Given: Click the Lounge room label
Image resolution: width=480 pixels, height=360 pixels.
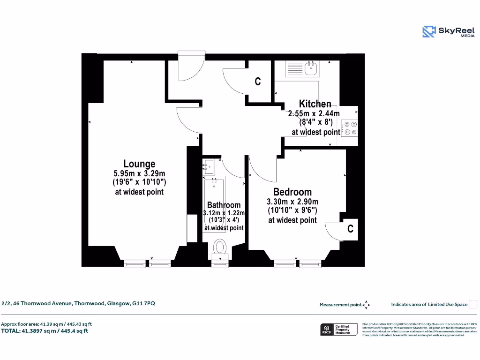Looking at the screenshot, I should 139,164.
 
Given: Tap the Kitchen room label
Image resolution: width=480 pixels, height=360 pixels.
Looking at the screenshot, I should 315,104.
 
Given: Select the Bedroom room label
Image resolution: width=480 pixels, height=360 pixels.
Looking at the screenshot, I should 292,192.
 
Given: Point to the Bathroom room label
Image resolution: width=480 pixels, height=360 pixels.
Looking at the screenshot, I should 224,205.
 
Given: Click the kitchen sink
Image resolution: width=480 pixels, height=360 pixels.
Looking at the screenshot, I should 311,69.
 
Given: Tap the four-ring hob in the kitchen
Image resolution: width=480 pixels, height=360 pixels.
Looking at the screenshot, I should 350,128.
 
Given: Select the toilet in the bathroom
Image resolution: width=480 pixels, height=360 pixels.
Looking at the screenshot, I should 220,247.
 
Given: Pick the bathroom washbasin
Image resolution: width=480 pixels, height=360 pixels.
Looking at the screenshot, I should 208,166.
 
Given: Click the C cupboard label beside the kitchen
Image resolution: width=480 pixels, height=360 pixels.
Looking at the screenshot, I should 257,82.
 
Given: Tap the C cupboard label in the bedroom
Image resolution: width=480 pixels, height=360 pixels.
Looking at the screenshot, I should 350,228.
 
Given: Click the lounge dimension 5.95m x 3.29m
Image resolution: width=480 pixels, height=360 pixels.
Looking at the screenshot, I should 139,173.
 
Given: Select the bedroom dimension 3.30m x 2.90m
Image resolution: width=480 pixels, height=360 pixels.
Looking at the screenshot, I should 292,202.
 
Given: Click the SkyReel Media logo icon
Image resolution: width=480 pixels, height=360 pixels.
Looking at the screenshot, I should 429,31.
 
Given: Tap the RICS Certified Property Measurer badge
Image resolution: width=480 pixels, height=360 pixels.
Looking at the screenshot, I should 339,329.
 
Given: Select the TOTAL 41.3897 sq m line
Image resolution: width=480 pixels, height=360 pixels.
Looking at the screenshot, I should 45,331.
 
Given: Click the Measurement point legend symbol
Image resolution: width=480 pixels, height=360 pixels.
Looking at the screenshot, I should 366,305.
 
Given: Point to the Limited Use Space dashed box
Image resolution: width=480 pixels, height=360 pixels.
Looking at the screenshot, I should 473,304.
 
